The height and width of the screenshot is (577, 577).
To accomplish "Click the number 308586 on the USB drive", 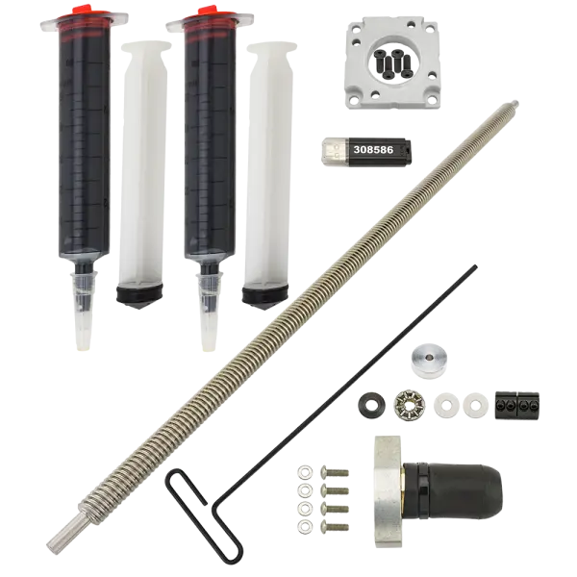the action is (373, 150).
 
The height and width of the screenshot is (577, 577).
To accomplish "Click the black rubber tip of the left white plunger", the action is (139, 295).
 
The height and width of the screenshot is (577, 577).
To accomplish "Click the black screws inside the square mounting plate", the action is (393, 63).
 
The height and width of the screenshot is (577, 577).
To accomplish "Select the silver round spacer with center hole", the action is (428, 361).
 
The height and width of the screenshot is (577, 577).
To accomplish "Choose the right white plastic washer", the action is (475, 405).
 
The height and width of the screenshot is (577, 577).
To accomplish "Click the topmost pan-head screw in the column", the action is (335, 472).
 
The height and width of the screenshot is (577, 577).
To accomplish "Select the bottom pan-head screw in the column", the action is (335, 526).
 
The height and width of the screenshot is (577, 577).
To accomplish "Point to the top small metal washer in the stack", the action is (305, 472).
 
